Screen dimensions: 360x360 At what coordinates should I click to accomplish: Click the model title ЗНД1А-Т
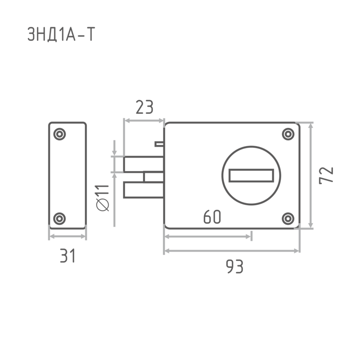(61, 34)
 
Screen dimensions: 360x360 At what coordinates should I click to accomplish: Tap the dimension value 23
(144, 107)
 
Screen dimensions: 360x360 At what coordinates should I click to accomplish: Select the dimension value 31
(67, 256)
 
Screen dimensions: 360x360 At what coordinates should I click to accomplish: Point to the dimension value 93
(234, 266)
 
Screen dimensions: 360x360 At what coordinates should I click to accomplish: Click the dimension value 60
(212, 217)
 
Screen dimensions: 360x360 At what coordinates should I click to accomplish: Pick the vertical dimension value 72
(326, 175)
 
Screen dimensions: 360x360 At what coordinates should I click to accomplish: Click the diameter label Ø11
(103, 198)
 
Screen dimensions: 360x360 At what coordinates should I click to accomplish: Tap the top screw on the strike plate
(59, 134)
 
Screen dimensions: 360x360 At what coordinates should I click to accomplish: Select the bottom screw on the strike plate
(59, 219)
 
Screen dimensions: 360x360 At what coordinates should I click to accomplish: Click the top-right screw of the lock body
(288, 134)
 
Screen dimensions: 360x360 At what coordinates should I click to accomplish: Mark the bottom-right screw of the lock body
(288, 219)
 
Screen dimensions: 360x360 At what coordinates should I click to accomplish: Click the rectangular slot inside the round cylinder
(252, 175)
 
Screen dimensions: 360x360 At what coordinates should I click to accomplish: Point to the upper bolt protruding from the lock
(144, 164)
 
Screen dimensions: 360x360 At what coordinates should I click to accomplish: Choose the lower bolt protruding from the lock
(144, 189)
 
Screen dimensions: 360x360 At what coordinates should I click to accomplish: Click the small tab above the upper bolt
(159, 144)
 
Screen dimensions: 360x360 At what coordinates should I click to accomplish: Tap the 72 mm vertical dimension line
(310, 175)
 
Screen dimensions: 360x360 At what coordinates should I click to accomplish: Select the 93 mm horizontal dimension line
(232, 251)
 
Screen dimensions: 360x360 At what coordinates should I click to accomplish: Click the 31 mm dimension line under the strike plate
(67, 236)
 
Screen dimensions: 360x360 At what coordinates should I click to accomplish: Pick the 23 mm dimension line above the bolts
(144, 121)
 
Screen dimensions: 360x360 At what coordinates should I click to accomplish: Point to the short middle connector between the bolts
(153, 177)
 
